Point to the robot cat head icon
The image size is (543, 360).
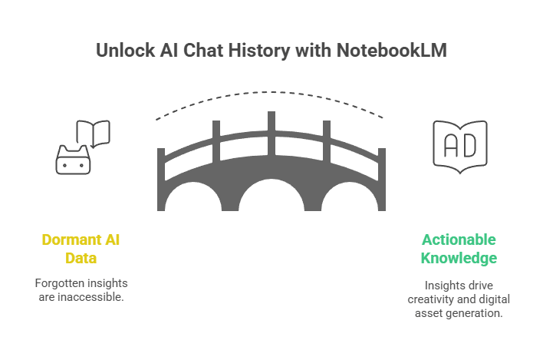73,159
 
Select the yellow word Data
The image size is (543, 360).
81,258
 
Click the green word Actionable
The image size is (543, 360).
459,240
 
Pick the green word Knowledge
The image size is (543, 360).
459,258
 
